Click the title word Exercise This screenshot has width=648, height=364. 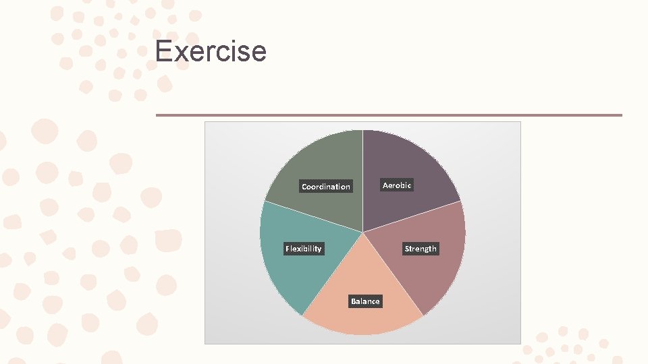(x=211, y=51)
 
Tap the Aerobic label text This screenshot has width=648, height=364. (x=397, y=185)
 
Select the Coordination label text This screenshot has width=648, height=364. (x=326, y=187)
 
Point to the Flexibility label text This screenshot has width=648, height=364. (x=304, y=249)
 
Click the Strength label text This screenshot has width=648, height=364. (x=421, y=249)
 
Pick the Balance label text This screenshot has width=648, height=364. (x=365, y=301)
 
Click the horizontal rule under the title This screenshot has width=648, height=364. (x=389, y=115)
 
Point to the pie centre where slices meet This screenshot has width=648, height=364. (x=362, y=233)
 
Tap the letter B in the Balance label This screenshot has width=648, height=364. (x=353, y=301)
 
